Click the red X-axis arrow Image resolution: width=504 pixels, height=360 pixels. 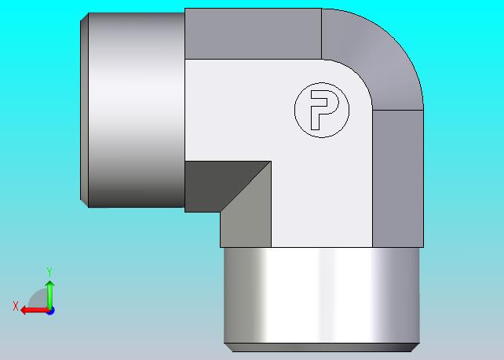point(35,311)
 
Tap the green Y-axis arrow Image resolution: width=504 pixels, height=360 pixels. point(49,296)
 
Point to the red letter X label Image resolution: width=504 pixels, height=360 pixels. point(16,306)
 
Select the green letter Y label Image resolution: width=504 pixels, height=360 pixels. point(49,271)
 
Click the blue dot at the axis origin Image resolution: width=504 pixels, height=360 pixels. point(50,311)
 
